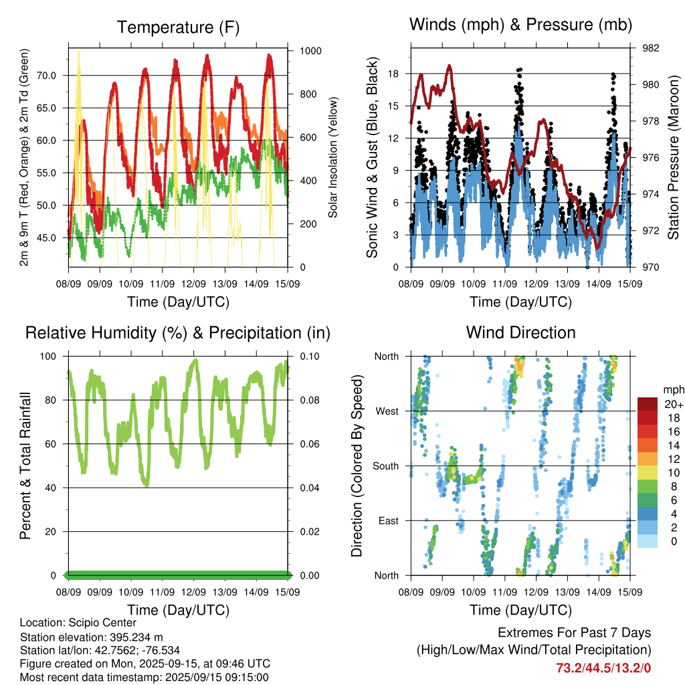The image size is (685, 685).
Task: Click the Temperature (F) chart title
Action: pyautogui.click(x=178, y=27)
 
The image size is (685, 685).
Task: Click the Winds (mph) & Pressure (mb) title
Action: pyautogui.click(x=520, y=25)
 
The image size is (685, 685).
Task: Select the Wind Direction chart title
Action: pyautogui.click(x=520, y=332)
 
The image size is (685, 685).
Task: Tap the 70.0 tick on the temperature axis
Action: pyautogui.click(x=46, y=76)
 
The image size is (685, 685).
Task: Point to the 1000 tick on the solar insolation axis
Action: pyautogui.click(x=310, y=51)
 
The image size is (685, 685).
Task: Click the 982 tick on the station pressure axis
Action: pyautogui.click(x=651, y=48)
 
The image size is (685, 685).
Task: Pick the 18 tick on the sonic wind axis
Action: pyautogui.click(x=393, y=74)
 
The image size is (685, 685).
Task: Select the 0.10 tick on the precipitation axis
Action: pyautogui.click(x=310, y=357)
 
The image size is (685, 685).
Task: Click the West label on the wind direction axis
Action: pyautogui.click(x=387, y=411)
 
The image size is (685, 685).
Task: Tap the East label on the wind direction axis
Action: pyautogui.click(x=389, y=520)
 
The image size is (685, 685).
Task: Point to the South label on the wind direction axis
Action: pyautogui.click(x=386, y=466)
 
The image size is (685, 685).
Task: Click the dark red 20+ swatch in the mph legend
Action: pyautogui.click(x=648, y=404)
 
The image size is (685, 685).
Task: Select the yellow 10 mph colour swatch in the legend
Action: pyautogui.click(x=648, y=473)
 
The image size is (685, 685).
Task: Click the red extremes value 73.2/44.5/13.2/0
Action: pyautogui.click(x=603, y=668)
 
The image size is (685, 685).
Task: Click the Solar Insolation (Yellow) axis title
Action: pyautogui.click(x=333, y=157)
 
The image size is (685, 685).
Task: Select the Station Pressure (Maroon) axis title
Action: pyautogui.click(x=673, y=157)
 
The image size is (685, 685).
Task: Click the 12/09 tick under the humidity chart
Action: pyautogui.click(x=193, y=592)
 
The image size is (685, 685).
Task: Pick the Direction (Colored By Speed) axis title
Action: pyautogui.click(x=357, y=466)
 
